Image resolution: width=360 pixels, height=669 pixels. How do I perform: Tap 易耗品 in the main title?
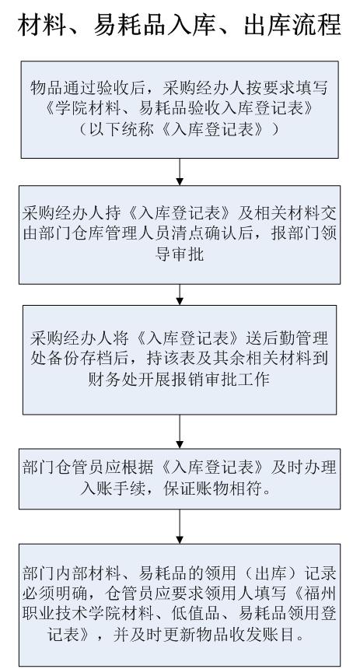[x=128, y=24]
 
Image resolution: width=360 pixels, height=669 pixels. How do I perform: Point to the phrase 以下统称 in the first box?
[x=121, y=129]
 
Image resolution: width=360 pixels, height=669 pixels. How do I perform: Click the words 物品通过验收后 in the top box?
[x=88, y=88]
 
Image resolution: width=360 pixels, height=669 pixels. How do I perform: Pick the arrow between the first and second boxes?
[x=180, y=171]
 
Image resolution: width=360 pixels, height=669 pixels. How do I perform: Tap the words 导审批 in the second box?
[x=180, y=254]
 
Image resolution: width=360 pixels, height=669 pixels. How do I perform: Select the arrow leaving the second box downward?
[x=180, y=294]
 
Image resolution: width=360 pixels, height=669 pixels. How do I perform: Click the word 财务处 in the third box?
[x=112, y=379]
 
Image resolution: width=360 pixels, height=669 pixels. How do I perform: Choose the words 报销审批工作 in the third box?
[x=222, y=379]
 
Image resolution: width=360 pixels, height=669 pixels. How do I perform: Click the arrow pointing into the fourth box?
[x=180, y=432]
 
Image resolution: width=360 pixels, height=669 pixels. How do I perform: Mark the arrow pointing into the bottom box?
[x=180, y=527]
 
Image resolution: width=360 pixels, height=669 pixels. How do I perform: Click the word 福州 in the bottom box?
[x=320, y=594]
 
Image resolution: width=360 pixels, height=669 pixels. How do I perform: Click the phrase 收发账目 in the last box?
[x=262, y=635]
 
